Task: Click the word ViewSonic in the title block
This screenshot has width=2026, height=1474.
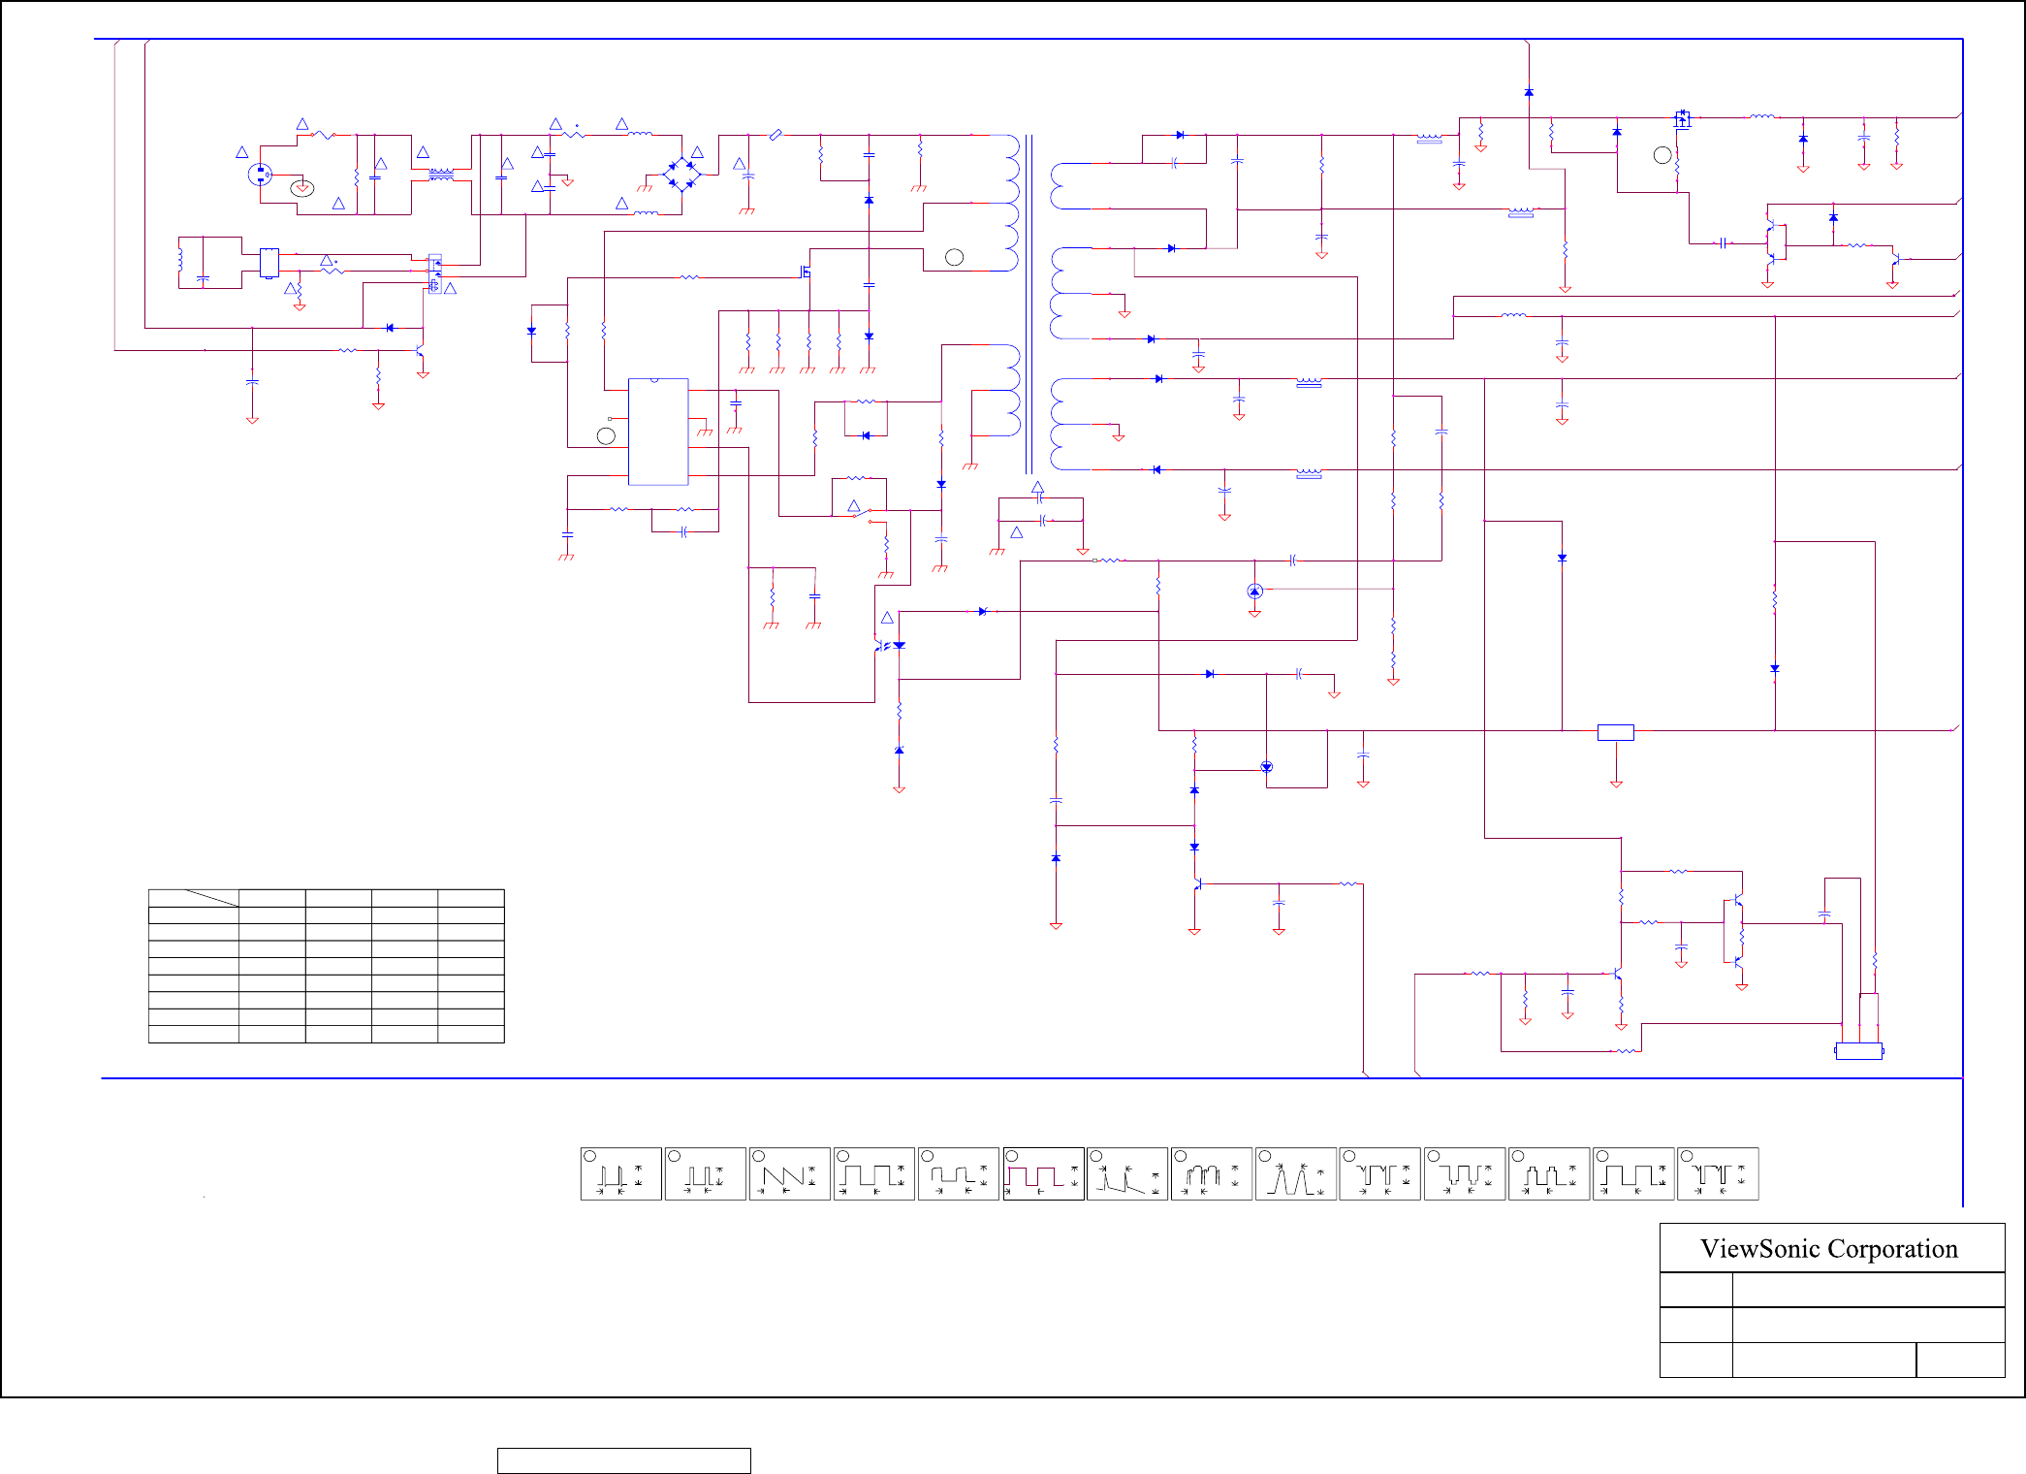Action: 1747,1249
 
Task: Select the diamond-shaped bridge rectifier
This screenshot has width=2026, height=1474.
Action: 681,175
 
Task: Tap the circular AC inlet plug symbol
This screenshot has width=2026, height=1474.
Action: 260,175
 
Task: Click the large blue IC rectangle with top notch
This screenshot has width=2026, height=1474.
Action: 658,432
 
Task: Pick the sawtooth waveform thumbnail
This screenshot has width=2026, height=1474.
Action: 789,1174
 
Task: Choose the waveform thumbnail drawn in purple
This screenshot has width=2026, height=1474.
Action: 1043,1174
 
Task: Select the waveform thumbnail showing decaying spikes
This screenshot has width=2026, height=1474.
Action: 1127,1174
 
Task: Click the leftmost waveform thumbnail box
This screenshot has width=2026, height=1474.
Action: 621,1174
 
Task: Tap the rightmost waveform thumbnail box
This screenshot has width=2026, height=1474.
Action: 1718,1174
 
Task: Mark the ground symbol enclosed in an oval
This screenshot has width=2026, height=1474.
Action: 302,188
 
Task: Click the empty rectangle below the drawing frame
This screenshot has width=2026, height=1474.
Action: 623,1460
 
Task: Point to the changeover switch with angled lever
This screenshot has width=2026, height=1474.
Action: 863,513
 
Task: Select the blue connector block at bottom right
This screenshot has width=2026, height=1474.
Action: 1858,1051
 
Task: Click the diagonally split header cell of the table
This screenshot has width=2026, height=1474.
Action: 194,898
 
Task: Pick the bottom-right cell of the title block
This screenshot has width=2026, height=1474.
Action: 1960,1360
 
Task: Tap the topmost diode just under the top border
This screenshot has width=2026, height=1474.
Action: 1529,92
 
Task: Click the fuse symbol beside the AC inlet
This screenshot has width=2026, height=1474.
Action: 323,136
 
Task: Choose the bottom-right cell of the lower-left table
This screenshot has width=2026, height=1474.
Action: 471,1035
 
